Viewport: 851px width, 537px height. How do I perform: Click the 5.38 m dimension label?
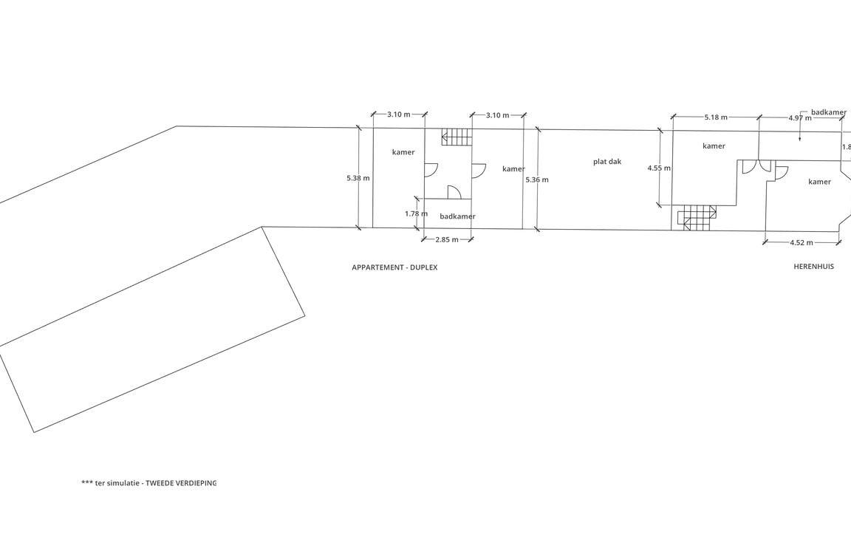(358, 178)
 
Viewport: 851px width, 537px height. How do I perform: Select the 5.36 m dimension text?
(537, 179)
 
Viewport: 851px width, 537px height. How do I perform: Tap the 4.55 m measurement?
(659, 168)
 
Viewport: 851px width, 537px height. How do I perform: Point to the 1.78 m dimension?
(417, 213)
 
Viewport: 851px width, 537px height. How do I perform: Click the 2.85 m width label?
(447, 240)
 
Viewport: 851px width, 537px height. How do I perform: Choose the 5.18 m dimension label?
(716, 117)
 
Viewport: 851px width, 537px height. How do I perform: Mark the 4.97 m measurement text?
(800, 117)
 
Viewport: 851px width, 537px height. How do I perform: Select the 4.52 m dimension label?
(802, 243)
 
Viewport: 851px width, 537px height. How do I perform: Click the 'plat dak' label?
(607, 162)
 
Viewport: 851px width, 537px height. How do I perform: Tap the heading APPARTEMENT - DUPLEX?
(394, 267)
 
